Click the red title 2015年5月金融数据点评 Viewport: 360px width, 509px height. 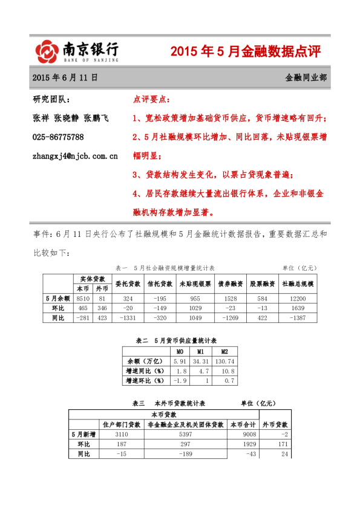click(x=246, y=52)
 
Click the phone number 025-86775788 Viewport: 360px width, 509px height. click(x=58, y=137)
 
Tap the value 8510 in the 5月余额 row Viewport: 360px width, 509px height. click(x=82, y=298)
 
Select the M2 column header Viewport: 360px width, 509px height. click(x=224, y=351)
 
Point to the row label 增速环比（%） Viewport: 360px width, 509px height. click(x=145, y=381)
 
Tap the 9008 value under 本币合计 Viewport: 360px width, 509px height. click(x=244, y=435)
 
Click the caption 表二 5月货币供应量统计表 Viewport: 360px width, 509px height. click(x=180, y=341)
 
